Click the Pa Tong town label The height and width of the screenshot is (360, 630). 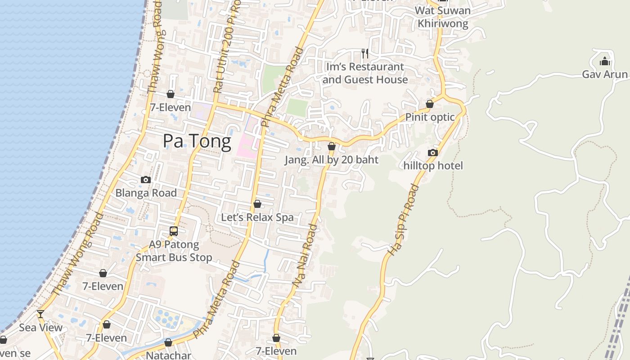pos(197,141)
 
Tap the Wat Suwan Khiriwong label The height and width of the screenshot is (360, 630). pos(443,17)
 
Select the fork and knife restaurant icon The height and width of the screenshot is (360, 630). pos(365,54)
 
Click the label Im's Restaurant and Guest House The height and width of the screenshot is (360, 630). pos(365,73)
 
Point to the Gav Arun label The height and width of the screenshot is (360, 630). pos(604,74)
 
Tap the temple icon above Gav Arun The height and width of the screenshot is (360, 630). pos(604,61)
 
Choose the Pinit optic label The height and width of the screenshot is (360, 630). pos(430,117)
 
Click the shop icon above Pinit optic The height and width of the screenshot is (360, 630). pos(430,104)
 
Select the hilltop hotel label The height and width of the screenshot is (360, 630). pos(433,166)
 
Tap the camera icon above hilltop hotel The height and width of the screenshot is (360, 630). pos(433,153)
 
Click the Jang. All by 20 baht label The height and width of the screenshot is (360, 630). pos(332,160)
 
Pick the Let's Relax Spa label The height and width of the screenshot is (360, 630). pos(257,217)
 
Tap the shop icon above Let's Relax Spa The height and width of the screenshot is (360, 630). pos(257,204)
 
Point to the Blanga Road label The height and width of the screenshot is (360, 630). pos(146,193)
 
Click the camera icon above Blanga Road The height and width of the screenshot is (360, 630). pos(146,180)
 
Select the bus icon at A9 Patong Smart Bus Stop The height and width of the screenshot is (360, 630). pos(174,231)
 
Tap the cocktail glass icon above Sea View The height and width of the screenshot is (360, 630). pos(40,314)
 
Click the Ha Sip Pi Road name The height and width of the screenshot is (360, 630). pos(403,220)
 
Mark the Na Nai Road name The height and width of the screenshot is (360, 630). pos(305,255)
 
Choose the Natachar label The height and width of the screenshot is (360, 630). pos(168,355)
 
